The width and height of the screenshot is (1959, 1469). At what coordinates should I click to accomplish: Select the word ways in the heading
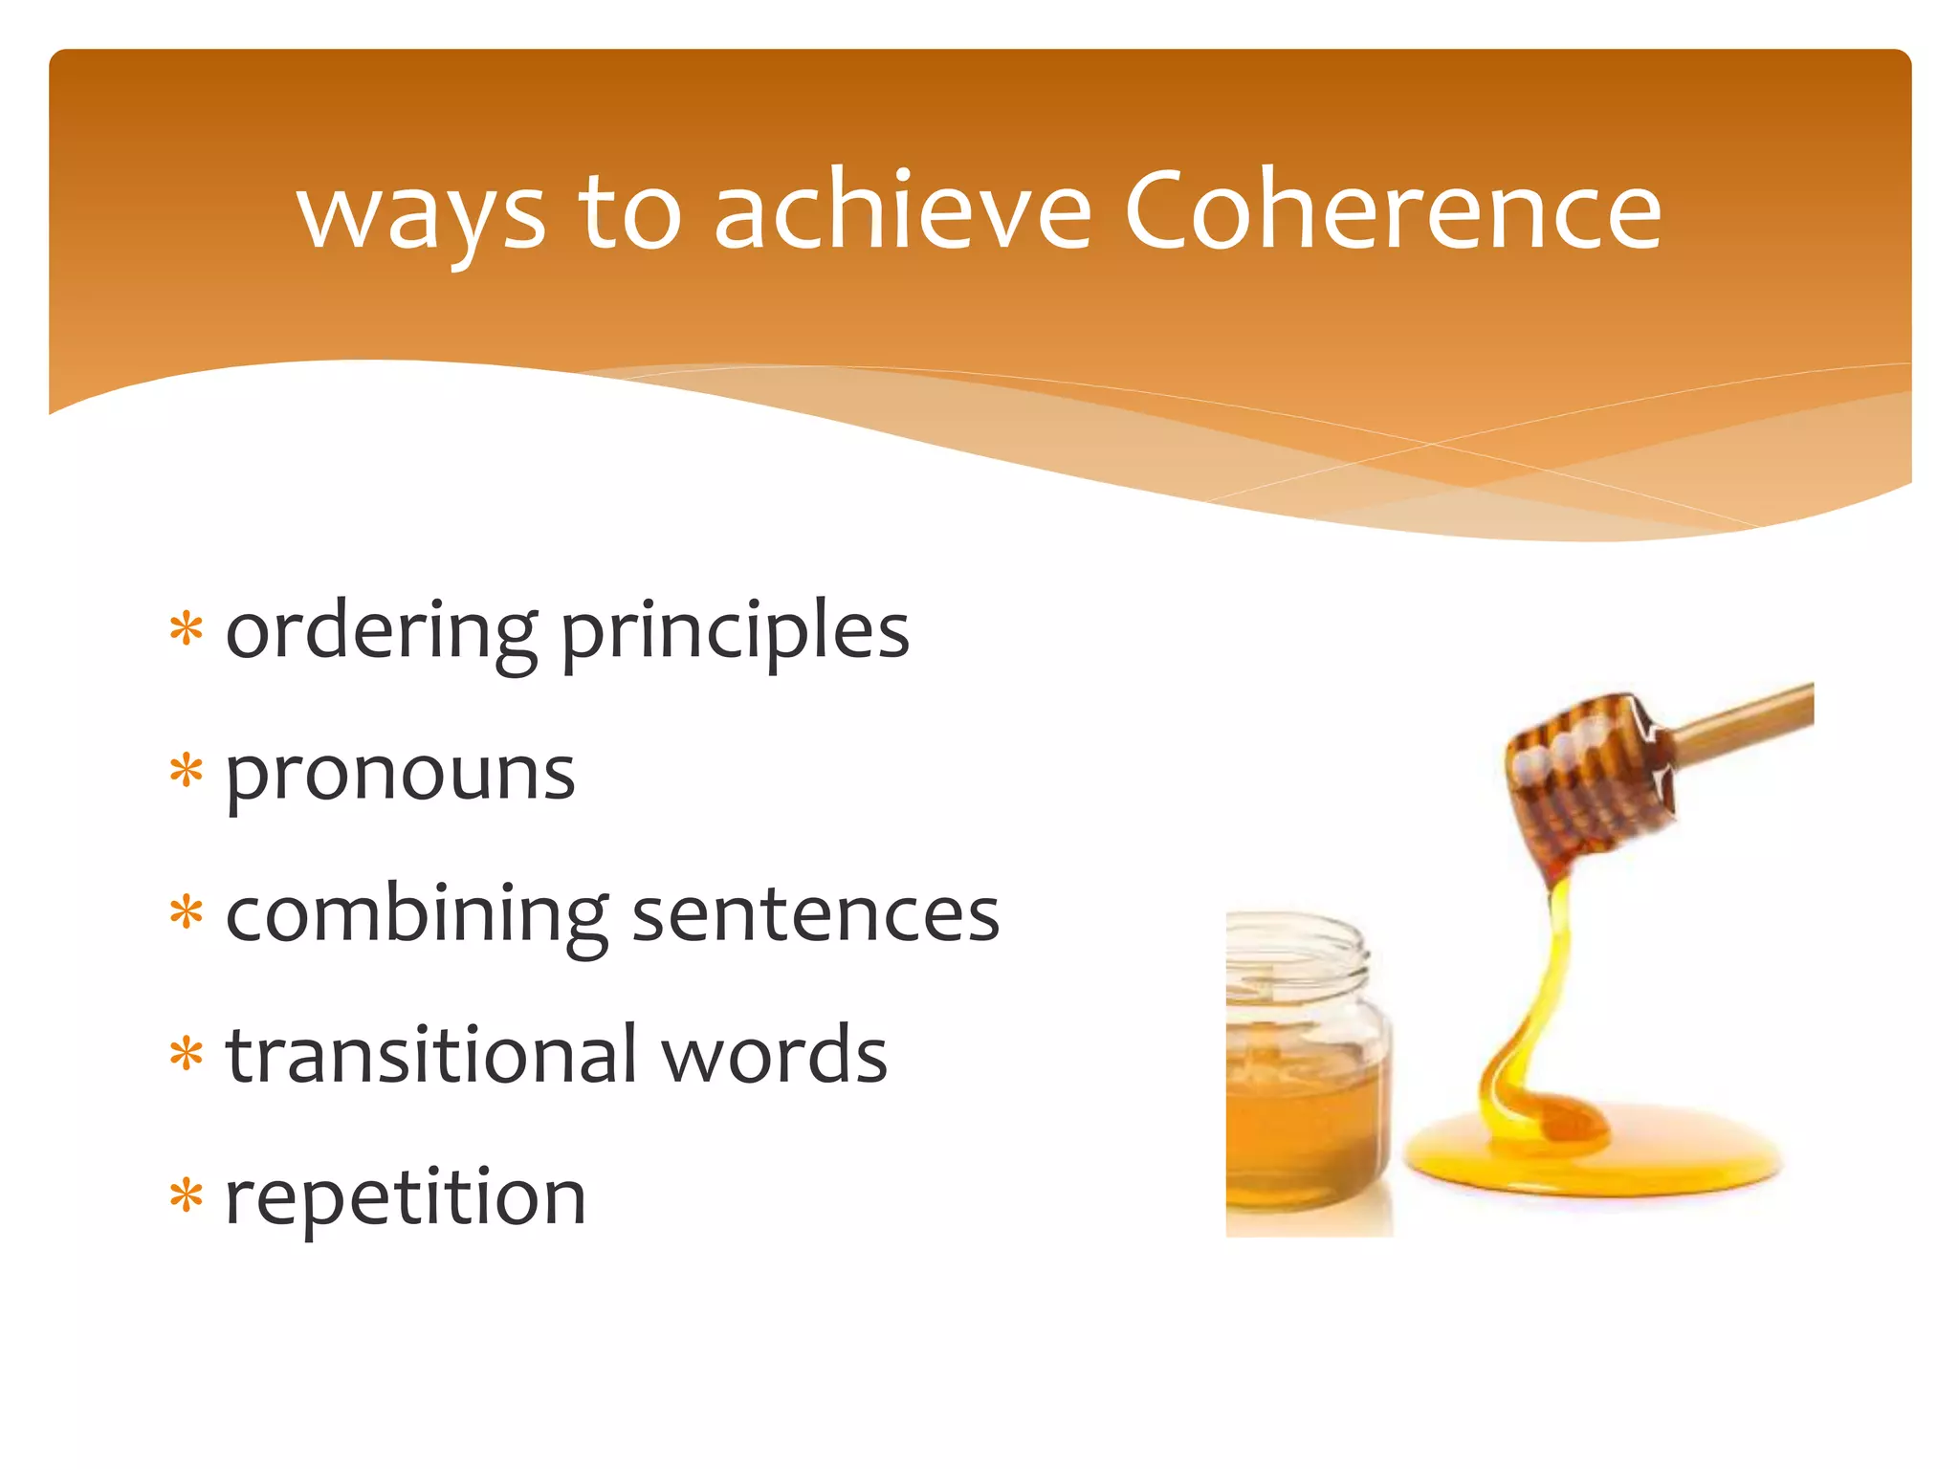(x=421, y=218)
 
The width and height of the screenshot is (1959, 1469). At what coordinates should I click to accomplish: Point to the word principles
(x=735, y=633)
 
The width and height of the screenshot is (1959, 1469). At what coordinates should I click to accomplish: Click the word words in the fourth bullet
(x=775, y=1054)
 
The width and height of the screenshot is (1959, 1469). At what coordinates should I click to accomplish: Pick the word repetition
(x=405, y=1197)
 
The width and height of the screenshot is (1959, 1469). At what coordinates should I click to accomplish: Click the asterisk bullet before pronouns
(x=187, y=771)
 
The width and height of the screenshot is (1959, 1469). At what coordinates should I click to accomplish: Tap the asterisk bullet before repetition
(x=187, y=1195)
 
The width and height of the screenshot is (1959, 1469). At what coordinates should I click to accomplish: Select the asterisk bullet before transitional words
(x=187, y=1054)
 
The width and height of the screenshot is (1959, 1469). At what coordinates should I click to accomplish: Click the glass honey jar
(x=1306, y=1100)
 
